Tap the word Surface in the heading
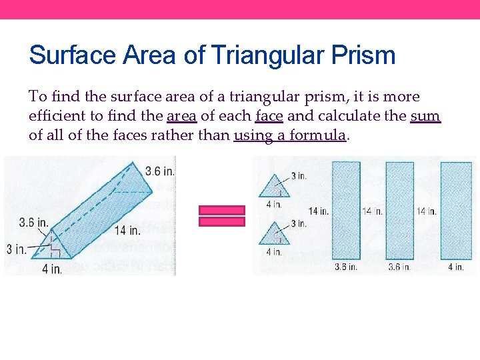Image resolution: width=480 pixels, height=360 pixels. tap(72, 55)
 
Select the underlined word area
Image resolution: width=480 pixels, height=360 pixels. tap(181, 116)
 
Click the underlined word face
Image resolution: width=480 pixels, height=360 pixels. tap(269, 116)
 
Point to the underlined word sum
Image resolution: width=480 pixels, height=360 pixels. tap(425, 116)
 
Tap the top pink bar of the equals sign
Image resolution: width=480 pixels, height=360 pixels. tap(222, 210)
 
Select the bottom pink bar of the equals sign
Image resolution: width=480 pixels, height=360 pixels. tap(222, 222)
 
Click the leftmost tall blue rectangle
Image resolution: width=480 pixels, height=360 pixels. tap(345, 210)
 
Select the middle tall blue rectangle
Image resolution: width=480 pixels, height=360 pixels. tap(399, 210)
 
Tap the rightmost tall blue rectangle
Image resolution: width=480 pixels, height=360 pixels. tap(455, 210)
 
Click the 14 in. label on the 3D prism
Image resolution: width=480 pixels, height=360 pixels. tap(127, 231)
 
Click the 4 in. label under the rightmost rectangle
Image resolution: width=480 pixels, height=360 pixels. tap(455, 267)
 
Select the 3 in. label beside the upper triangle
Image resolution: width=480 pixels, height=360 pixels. tap(298, 176)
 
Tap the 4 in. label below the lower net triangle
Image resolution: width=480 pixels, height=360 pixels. tap(273, 252)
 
